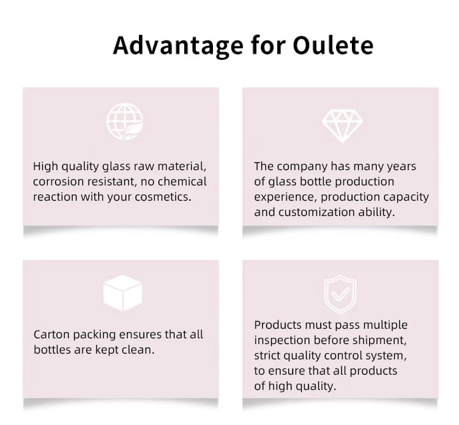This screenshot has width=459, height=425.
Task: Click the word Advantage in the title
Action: coord(178,47)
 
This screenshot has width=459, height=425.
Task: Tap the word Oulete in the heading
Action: coord(333,45)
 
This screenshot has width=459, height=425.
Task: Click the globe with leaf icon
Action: coord(125,121)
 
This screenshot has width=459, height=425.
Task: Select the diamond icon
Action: coord(342,126)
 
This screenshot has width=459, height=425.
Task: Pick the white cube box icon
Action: coord(122,292)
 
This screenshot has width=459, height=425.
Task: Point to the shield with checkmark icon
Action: coord(340,294)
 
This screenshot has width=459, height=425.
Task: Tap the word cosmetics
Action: coord(163,197)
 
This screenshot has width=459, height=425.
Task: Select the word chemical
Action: coord(182,182)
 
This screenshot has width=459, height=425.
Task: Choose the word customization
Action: coord(317,212)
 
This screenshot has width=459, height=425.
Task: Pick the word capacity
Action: coord(406,198)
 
